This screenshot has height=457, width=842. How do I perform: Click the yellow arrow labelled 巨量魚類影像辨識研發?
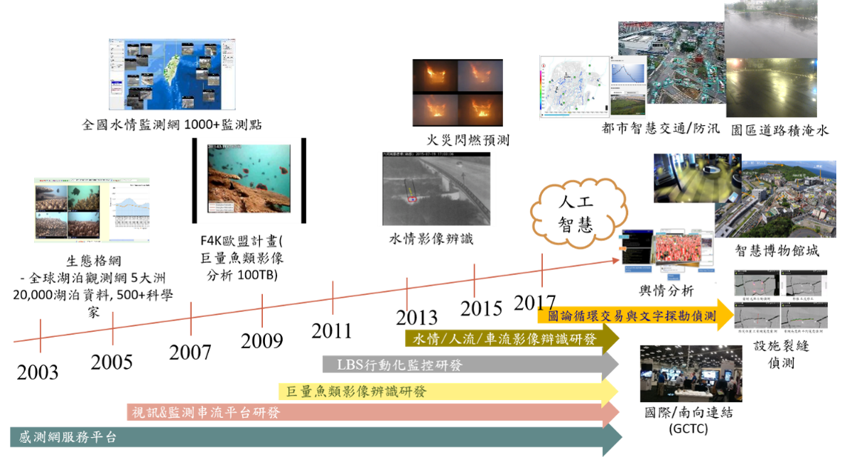point(355,391)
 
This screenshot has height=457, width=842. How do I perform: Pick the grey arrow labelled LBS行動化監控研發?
point(402,365)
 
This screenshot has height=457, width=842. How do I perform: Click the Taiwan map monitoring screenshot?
point(172,75)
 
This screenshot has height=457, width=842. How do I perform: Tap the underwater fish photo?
point(249,180)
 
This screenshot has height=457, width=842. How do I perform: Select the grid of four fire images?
point(458,92)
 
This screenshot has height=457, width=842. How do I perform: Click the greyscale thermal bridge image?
point(436,188)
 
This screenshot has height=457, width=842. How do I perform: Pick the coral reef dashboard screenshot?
point(92,210)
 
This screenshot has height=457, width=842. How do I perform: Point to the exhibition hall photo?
point(691,373)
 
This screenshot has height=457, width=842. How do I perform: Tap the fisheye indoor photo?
point(696,178)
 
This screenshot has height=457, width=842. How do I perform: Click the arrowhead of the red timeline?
point(615,262)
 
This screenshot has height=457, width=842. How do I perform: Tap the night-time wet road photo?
point(771,88)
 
